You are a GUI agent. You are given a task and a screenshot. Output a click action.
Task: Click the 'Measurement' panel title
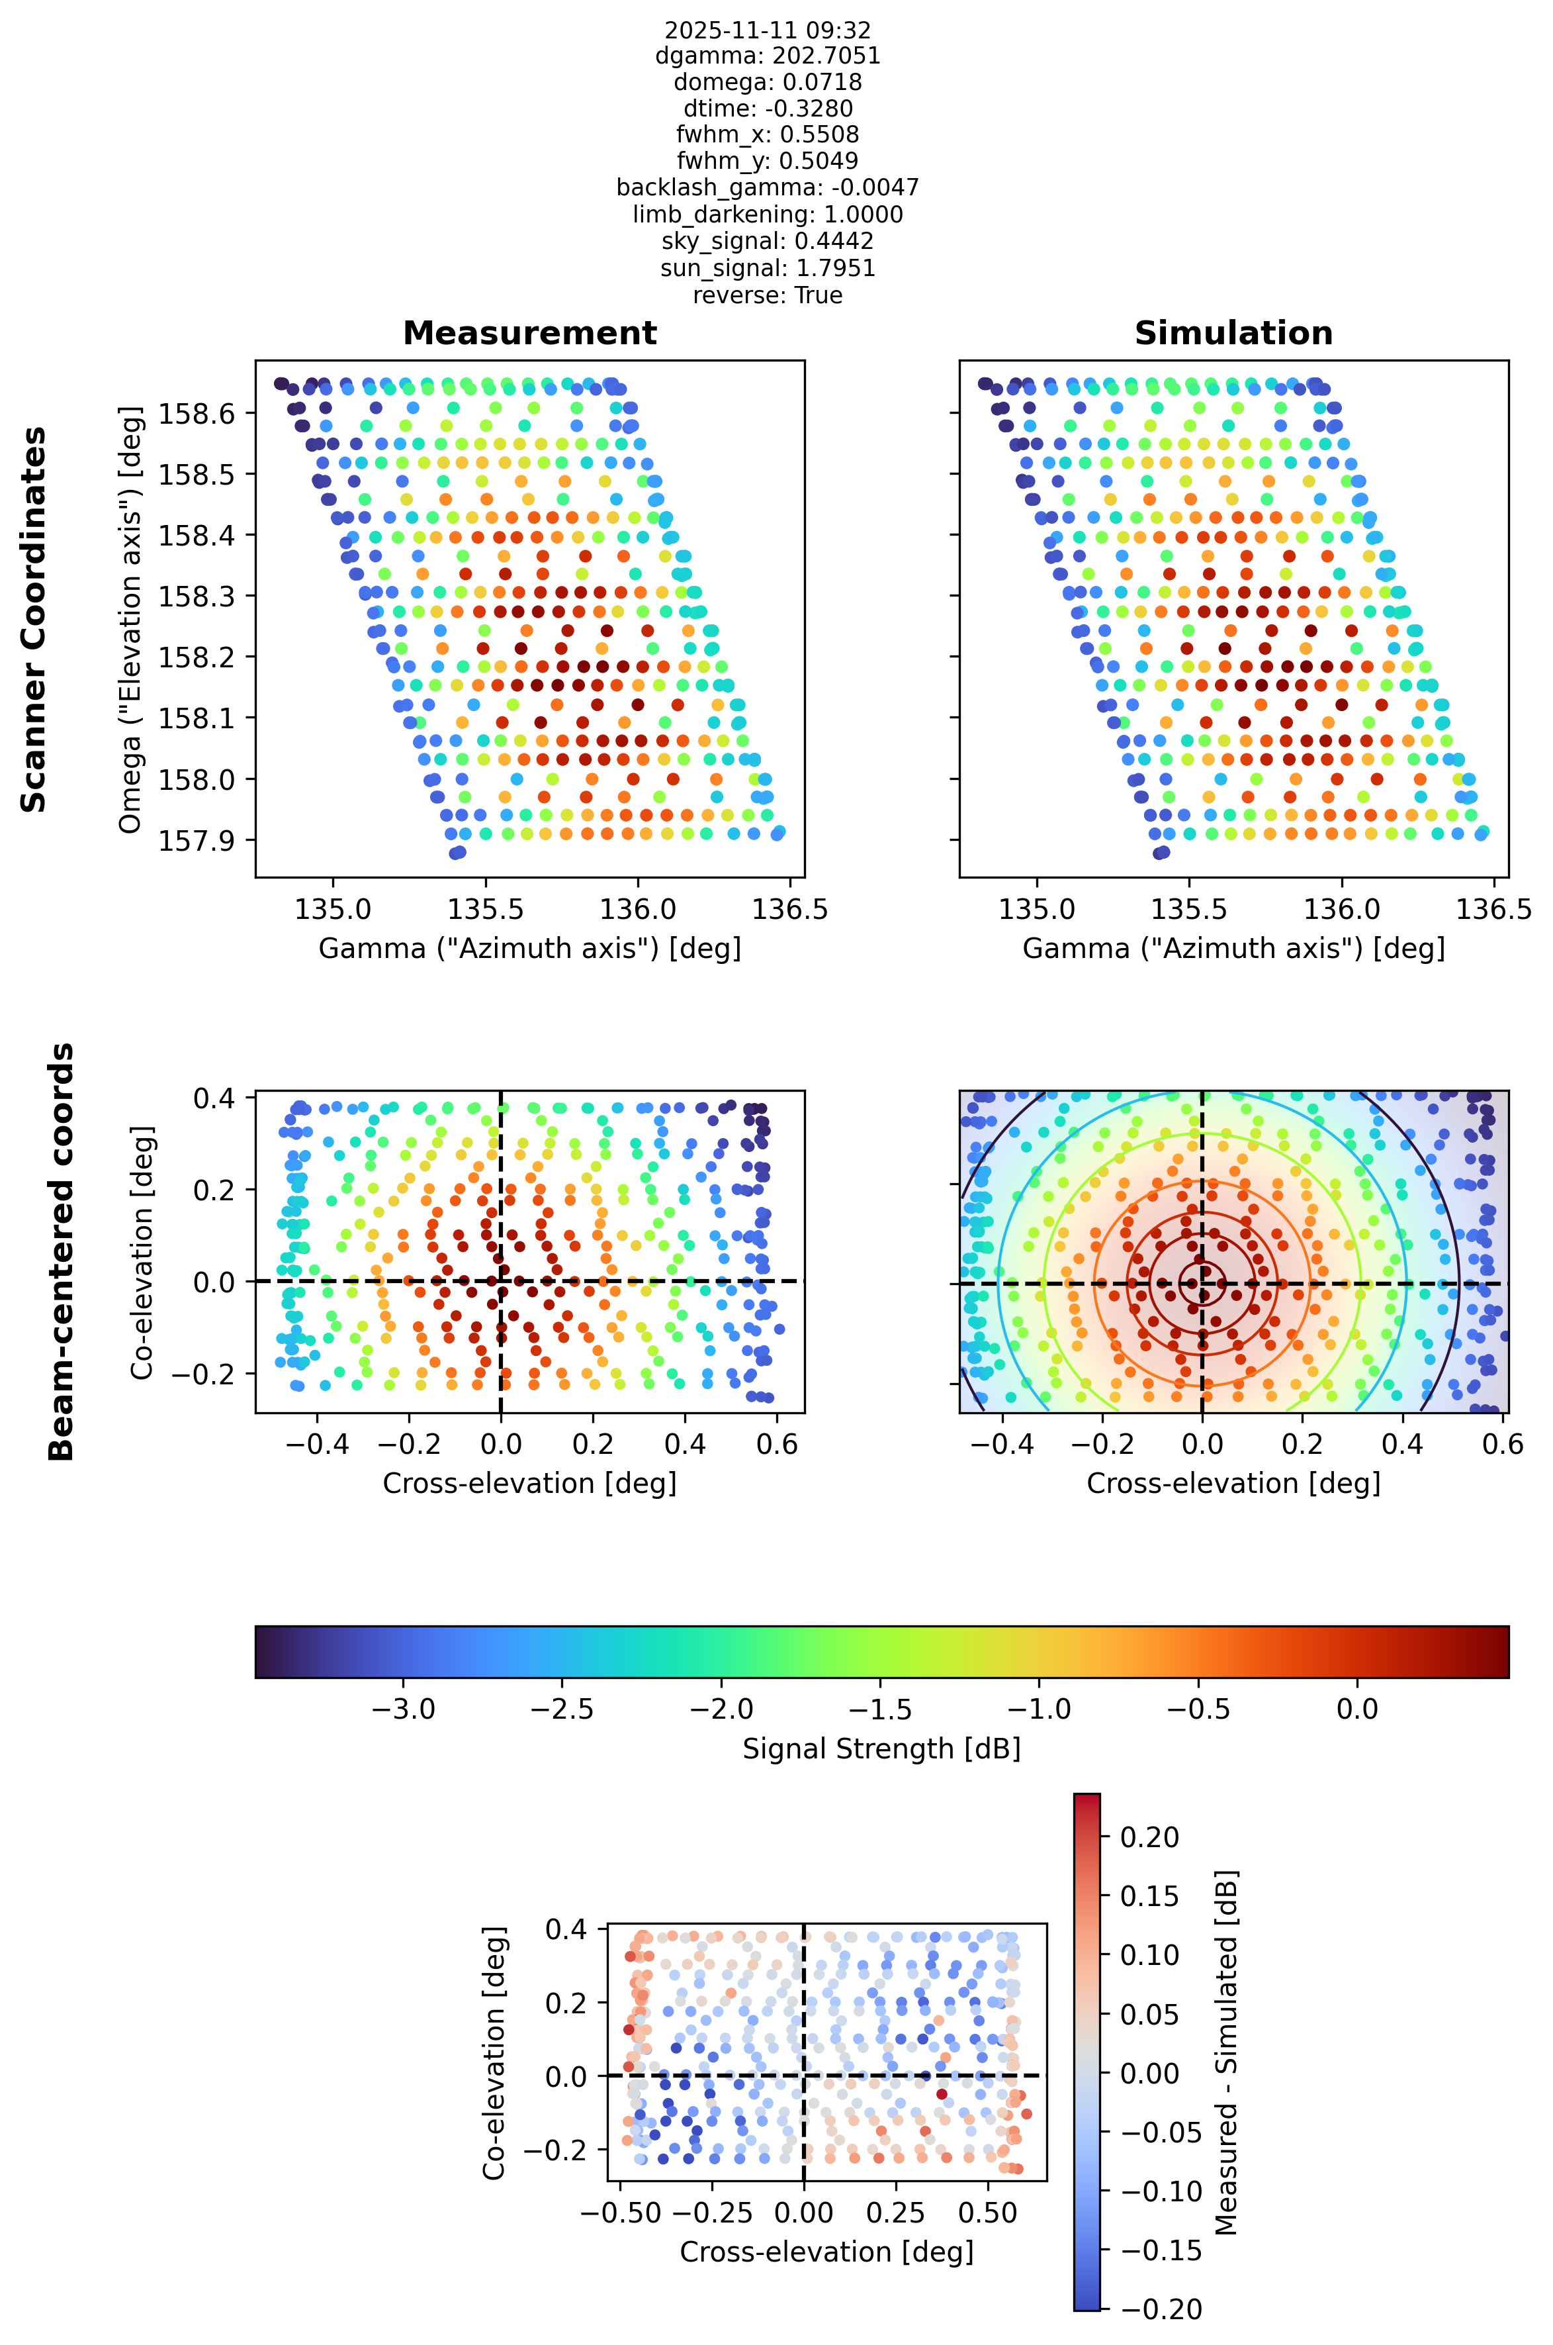pos(530,333)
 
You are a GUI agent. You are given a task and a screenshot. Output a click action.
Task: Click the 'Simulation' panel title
pos(1233,333)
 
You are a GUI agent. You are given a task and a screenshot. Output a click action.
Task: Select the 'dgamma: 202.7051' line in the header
pos(768,56)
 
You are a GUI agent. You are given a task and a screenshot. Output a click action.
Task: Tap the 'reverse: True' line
pos(768,295)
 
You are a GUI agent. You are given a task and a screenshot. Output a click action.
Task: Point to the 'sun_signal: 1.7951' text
pos(768,269)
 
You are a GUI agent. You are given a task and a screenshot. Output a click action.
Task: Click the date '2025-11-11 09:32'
pos(768,30)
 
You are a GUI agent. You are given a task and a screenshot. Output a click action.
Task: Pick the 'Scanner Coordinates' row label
pos(34,619)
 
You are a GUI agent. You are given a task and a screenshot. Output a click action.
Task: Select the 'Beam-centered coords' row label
pos(62,1251)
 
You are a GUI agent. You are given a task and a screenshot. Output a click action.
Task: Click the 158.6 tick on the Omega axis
pos(198,413)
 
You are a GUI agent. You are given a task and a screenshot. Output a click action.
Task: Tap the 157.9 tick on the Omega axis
pos(198,840)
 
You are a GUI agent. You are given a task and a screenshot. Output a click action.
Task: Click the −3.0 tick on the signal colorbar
pos(402,1709)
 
